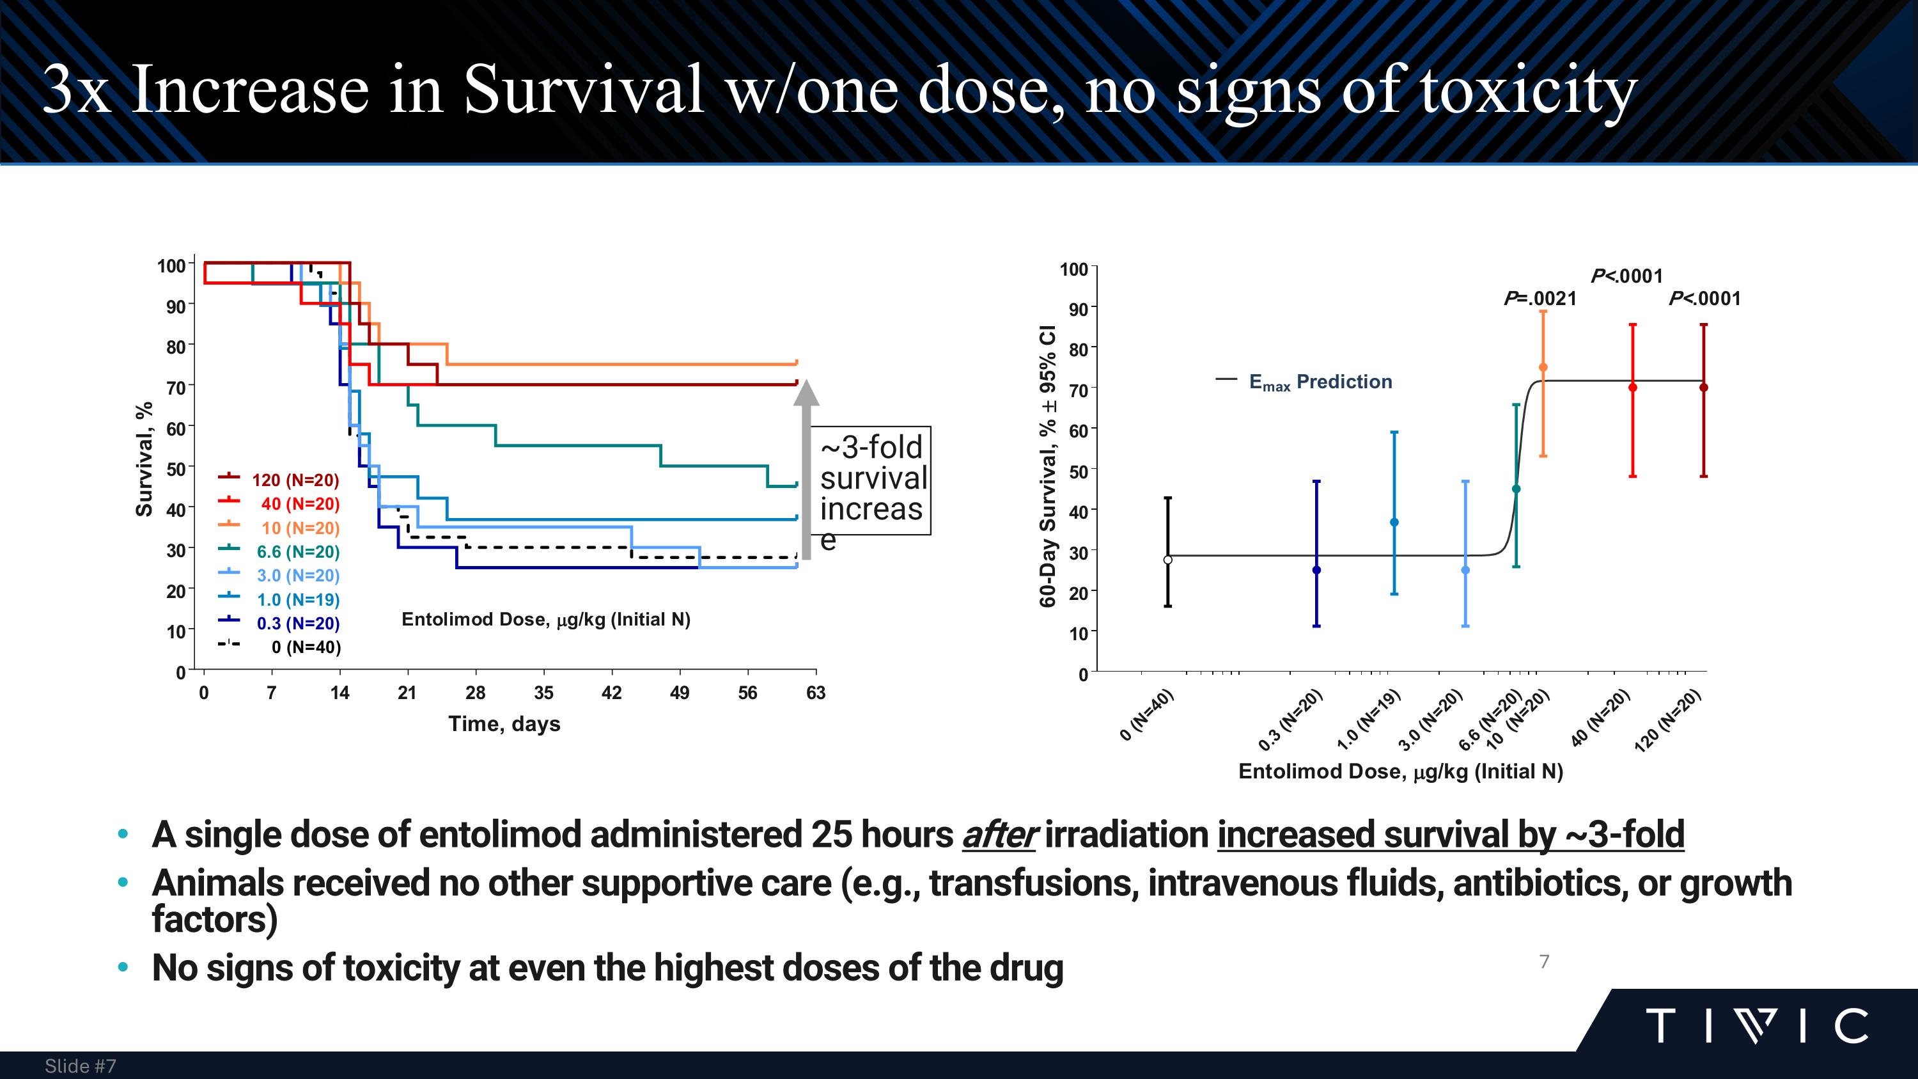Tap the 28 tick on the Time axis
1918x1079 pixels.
click(x=475, y=693)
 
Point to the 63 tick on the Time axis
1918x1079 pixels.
click(x=815, y=693)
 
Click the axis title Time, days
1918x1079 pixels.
click(x=504, y=724)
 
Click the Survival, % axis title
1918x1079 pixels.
click(x=144, y=459)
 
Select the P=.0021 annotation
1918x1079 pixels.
click(x=1540, y=299)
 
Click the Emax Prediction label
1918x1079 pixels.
click(x=1320, y=382)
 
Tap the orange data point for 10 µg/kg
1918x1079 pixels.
click(x=1543, y=367)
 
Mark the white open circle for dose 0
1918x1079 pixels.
click(x=1167, y=560)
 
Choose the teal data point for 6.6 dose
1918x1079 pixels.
click(x=1516, y=489)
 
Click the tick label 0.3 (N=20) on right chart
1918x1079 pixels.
click(x=1290, y=720)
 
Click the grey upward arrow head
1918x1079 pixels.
click(x=806, y=393)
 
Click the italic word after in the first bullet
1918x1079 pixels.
click(x=998, y=835)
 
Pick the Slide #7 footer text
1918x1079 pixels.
click(x=81, y=1066)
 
